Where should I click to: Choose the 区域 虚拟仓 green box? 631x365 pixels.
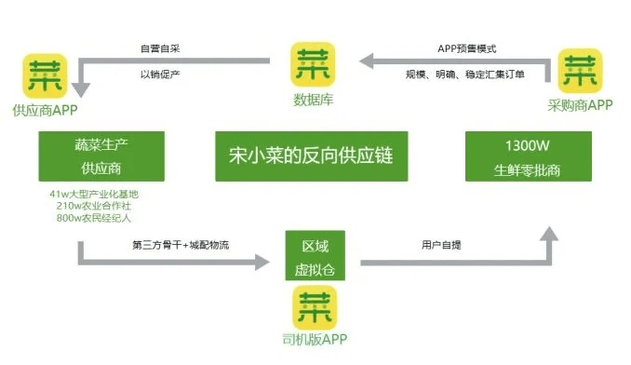[x=315, y=255]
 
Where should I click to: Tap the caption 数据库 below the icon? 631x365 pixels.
[x=314, y=100]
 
